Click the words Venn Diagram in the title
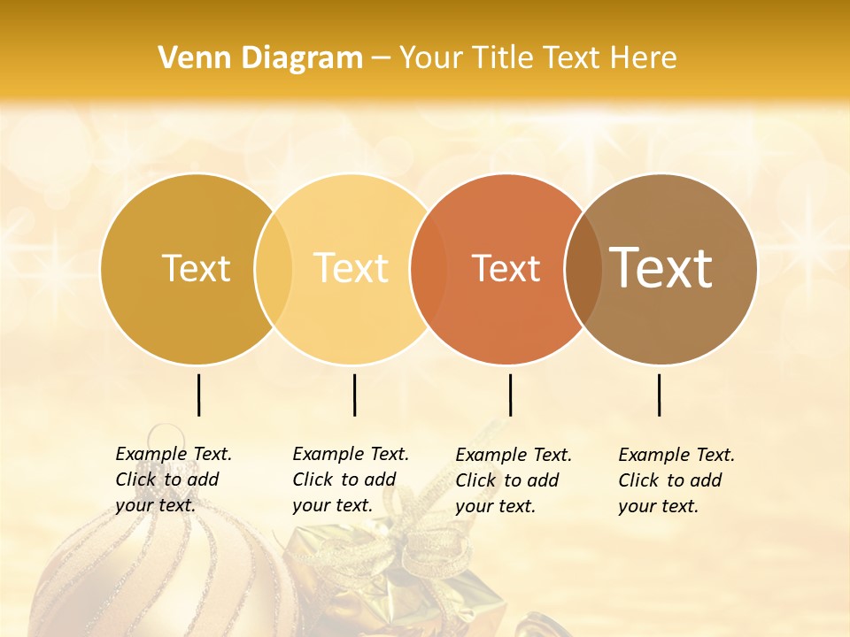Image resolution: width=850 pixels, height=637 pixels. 260,58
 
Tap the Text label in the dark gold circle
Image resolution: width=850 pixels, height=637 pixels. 196,268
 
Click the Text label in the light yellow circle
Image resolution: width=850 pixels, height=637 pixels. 352,268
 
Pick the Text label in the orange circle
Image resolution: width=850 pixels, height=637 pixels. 506,269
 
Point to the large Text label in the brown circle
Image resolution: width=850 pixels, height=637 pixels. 661,267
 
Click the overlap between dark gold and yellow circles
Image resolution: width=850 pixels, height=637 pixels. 274,268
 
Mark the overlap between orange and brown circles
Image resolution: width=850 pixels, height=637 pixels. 583,268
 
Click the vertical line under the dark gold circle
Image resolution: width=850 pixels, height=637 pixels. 199,395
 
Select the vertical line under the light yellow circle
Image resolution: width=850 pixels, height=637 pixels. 354,395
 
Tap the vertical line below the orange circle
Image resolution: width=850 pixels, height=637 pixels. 510,395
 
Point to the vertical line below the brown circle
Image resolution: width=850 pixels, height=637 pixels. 660,395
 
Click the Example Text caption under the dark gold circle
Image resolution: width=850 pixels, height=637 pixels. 173,480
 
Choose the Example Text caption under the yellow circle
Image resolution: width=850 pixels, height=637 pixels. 350,480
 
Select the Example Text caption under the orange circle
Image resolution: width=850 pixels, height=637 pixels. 513,480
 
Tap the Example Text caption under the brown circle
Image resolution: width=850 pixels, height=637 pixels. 676,480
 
